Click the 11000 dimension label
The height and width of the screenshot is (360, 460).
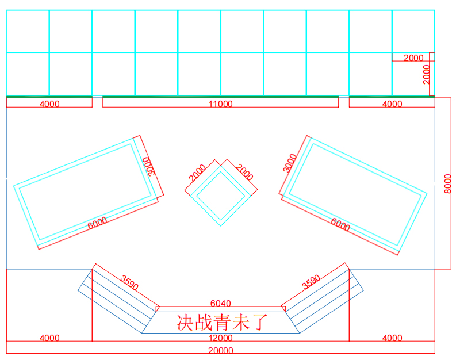click(x=221, y=104)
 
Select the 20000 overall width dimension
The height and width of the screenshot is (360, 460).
click(x=221, y=350)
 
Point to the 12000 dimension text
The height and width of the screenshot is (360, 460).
click(x=221, y=338)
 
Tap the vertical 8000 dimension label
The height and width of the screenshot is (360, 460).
click(x=448, y=183)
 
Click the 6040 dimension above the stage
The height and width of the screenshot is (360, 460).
click(x=221, y=304)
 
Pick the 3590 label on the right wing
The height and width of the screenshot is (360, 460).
click(x=311, y=282)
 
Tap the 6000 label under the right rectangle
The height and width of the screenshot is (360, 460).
click(x=340, y=224)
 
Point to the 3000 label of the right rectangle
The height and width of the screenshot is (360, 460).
click(x=290, y=163)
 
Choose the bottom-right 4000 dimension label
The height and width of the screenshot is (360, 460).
click(x=392, y=338)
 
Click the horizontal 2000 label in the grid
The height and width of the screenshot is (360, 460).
click(x=413, y=58)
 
